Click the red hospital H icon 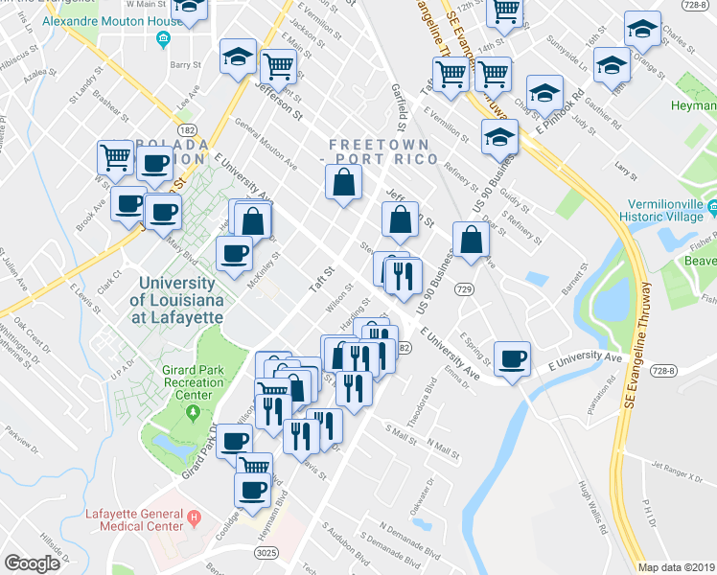tap(196, 518)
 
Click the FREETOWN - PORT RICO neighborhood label tap(382, 150)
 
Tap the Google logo tap(32, 563)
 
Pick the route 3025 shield tap(267, 553)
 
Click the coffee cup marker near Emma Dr tap(512, 358)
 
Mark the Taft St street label tap(319, 277)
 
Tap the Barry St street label tap(181, 65)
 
